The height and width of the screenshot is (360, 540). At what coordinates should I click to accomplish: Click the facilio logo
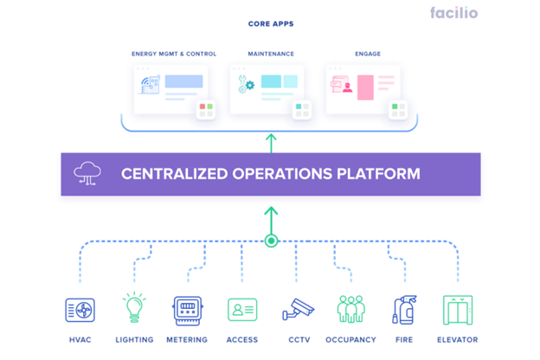coord(453,13)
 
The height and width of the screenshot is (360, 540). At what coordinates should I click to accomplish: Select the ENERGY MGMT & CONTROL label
coord(174,54)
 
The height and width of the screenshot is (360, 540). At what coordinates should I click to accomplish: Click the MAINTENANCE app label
coord(271,54)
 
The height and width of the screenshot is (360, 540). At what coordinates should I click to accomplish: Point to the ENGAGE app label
coord(367,54)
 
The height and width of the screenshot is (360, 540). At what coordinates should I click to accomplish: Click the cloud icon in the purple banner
coord(87,174)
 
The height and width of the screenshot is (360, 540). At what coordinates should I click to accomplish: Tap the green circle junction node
coord(271,241)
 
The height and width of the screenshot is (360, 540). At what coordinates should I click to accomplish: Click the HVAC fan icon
coord(80,310)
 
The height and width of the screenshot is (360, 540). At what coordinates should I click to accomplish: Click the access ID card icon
coord(242,310)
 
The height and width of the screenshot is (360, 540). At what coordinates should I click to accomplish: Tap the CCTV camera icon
coord(297,310)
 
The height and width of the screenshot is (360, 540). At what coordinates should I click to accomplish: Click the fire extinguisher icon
coord(404,310)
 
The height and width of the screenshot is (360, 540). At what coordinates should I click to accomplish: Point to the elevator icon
coord(458,310)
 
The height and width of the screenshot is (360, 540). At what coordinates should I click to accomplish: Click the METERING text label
coord(188,340)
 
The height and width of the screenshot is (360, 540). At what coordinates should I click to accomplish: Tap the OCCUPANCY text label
coord(350,340)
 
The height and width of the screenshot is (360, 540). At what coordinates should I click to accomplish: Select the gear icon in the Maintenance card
coord(251,86)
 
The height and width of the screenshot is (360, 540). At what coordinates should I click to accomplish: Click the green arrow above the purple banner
coord(271,142)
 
